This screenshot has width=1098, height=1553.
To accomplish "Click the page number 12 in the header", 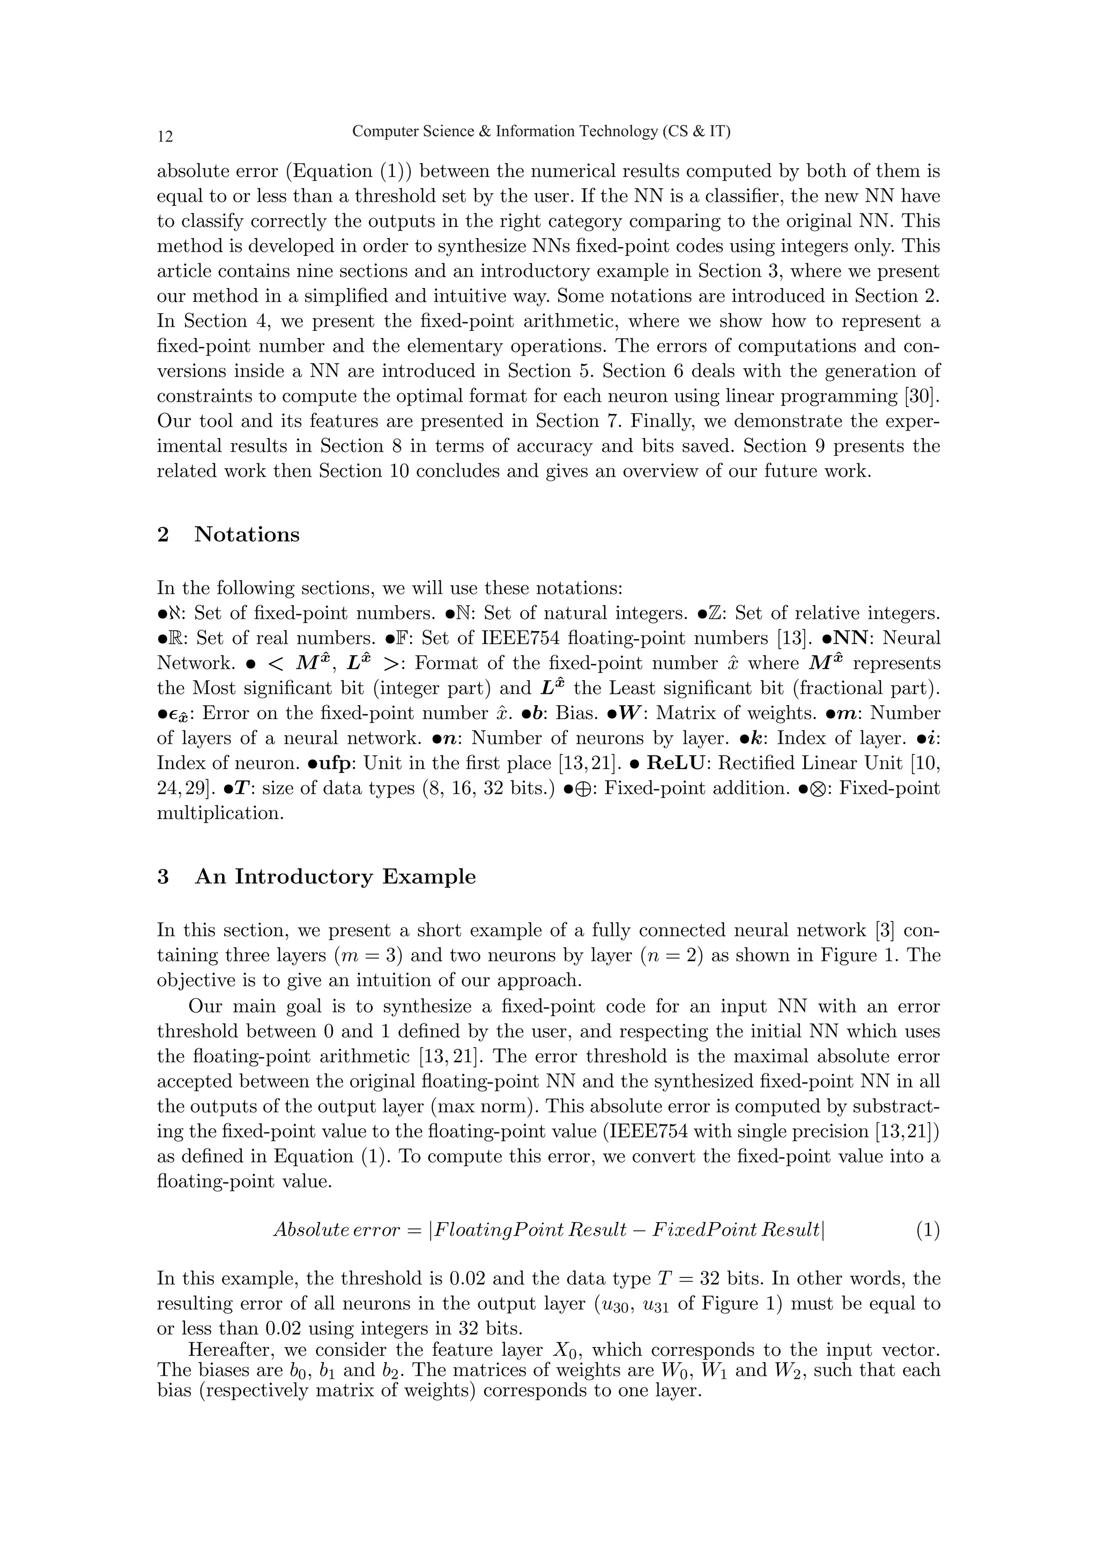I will [165, 137].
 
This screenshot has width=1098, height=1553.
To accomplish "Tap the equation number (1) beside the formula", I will [928, 1230].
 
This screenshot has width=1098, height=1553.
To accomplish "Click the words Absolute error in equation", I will [336, 1230].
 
